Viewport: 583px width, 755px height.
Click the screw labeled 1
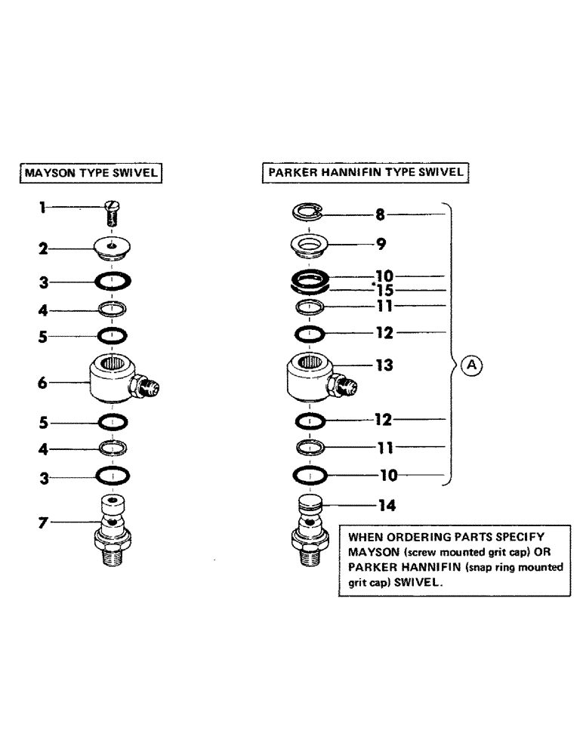coord(112,213)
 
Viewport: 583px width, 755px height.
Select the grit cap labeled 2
coord(112,247)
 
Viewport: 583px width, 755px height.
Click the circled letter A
coord(470,365)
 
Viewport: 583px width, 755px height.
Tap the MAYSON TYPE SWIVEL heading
coord(91,172)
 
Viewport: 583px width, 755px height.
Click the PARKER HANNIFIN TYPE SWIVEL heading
coord(366,172)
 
